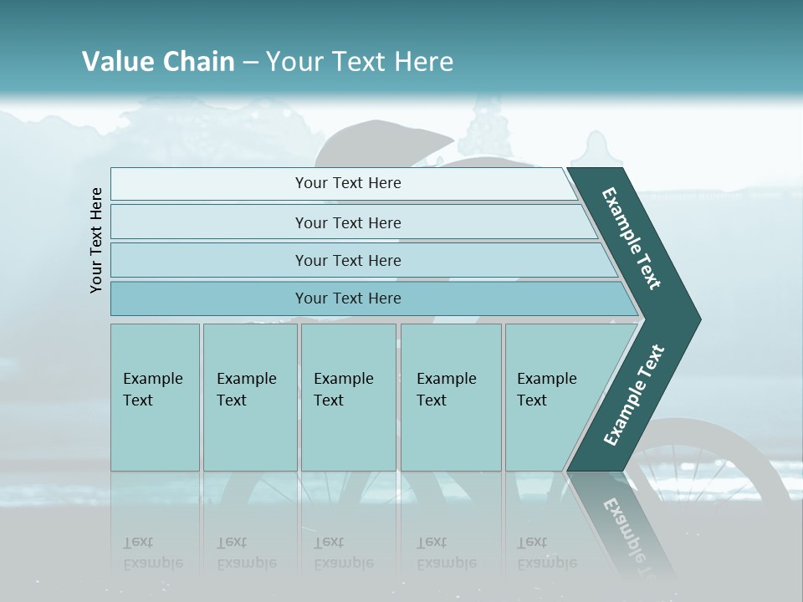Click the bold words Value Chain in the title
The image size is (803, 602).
pos(158,62)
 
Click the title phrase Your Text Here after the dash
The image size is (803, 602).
pos(360,62)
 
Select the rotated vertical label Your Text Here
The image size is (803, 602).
pos(96,240)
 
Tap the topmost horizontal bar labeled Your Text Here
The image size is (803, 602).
pos(347,183)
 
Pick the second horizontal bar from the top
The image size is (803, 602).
pos(347,222)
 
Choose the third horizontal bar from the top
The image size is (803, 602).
pos(347,260)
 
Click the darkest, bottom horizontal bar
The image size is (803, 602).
pos(347,298)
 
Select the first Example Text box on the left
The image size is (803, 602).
pos(155,396)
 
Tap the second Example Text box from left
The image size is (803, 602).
pos(249,396)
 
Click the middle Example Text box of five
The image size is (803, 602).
pos(347,396)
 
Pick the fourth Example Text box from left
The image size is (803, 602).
pos(450,396)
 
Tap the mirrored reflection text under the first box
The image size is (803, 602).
pos(152,554)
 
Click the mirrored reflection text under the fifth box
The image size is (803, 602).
pos(546,554)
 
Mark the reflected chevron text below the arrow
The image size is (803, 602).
pos(627,527)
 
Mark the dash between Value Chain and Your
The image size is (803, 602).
pos(250,63)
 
